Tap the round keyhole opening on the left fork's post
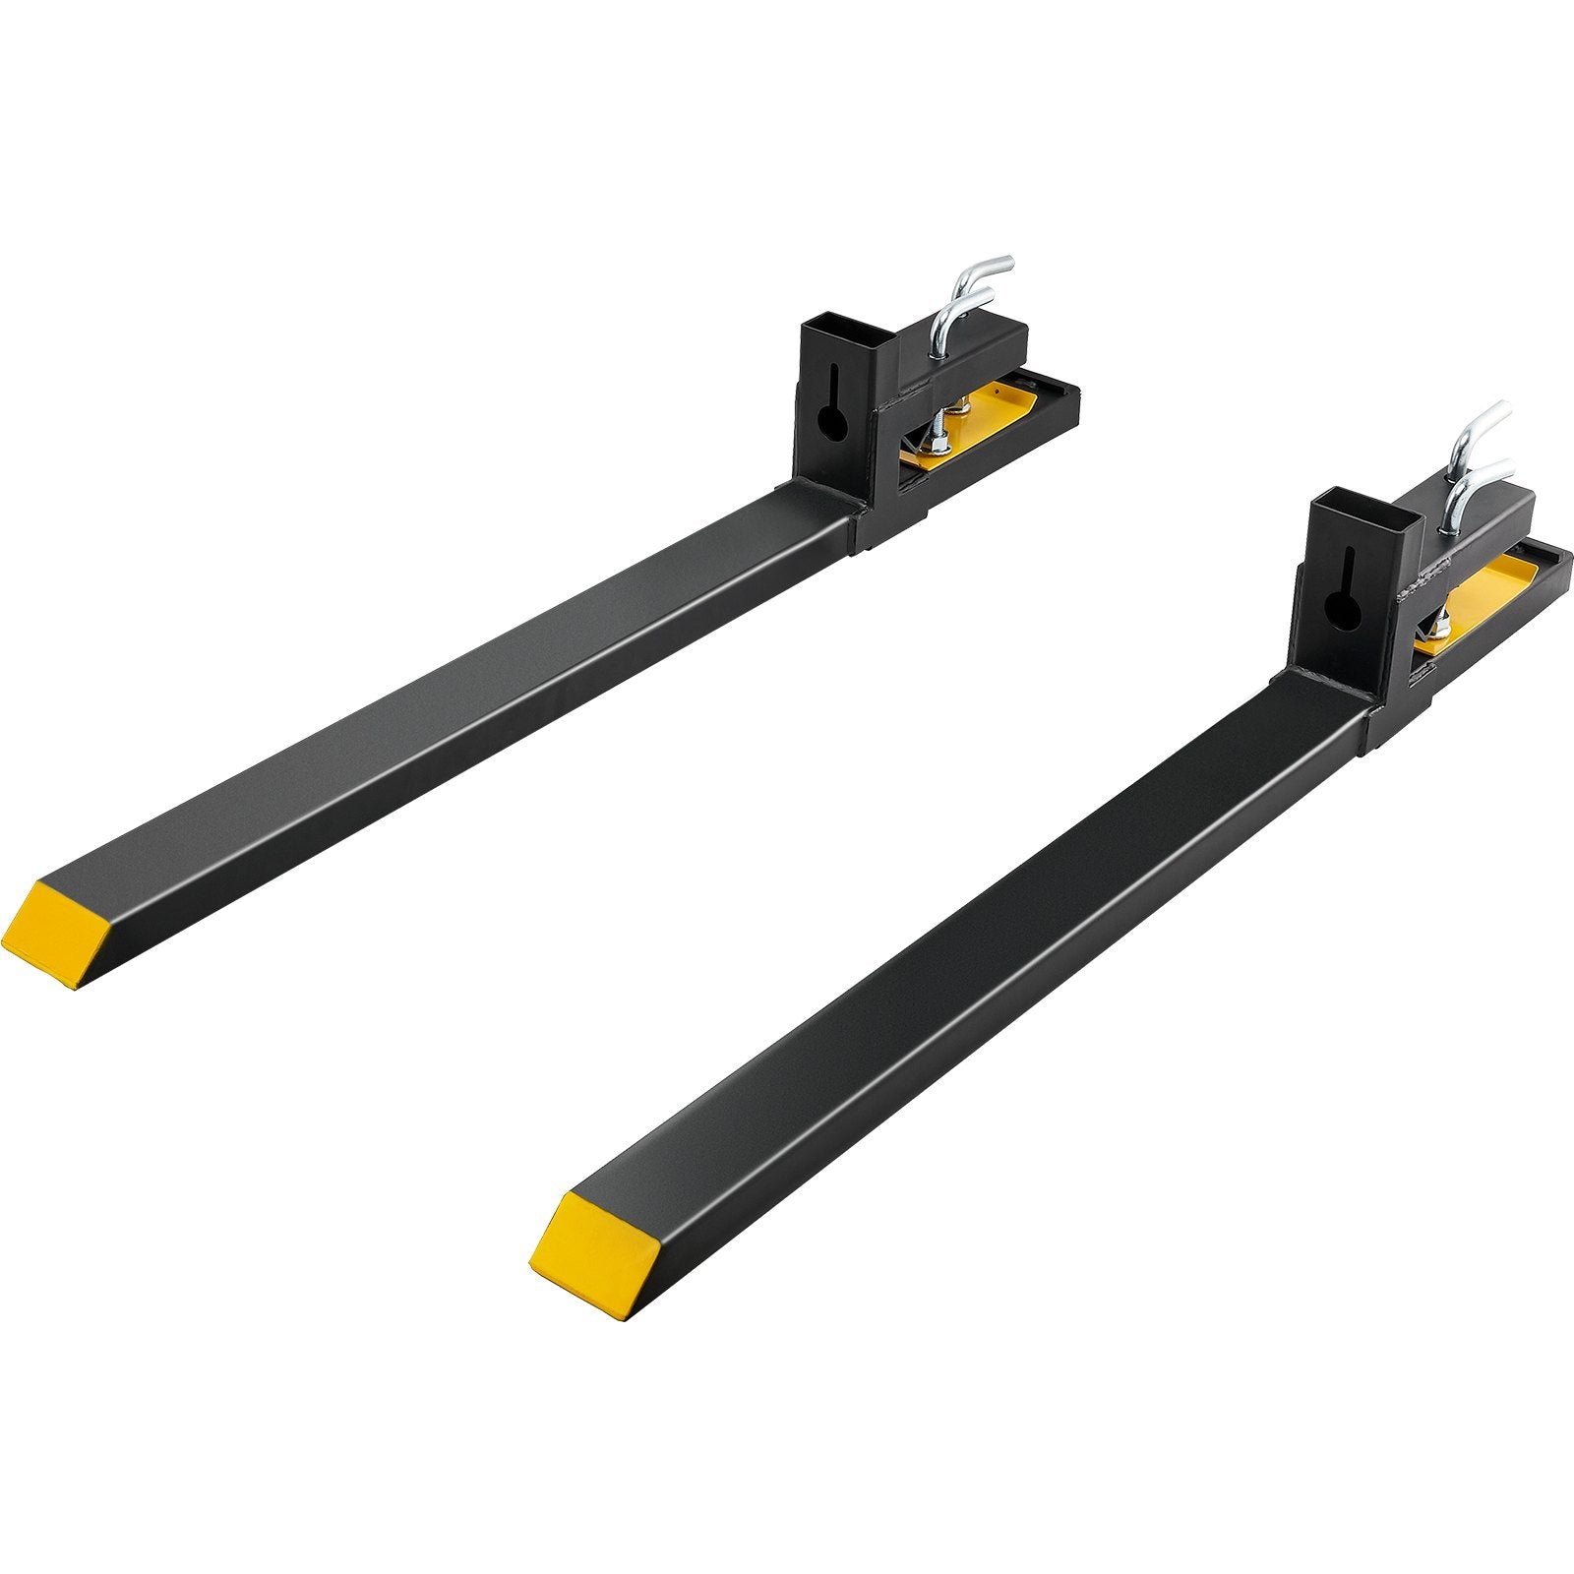(833, 424)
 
